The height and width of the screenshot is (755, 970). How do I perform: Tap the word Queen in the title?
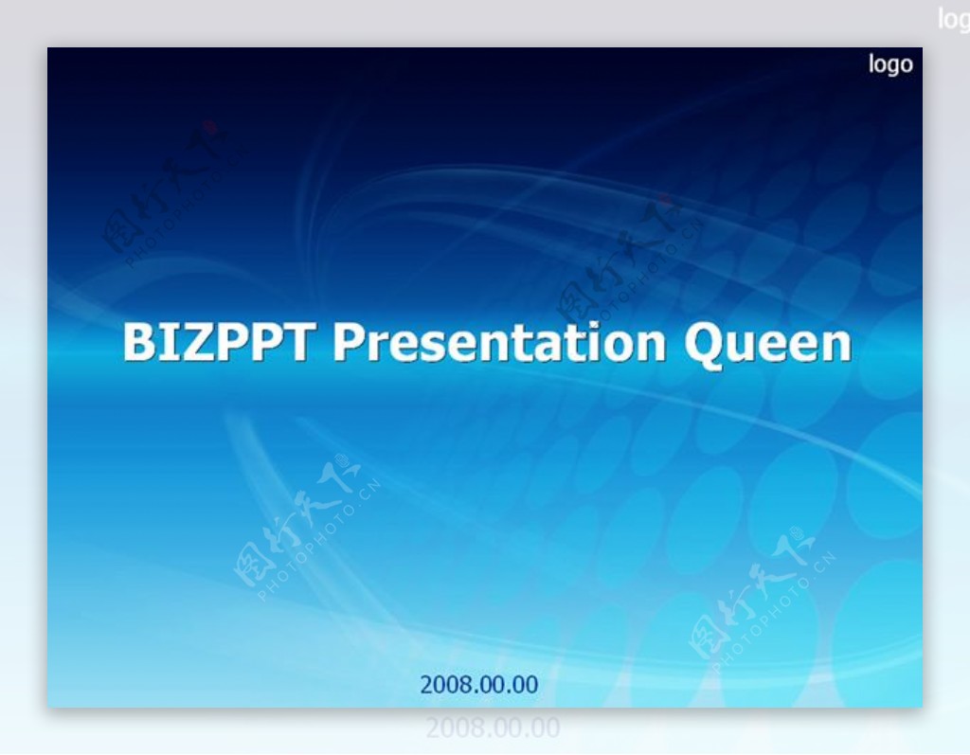pos(767,344)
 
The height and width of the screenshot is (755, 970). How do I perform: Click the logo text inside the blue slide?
pos(890,64)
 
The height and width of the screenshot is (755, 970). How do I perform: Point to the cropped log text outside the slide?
pos(953,19)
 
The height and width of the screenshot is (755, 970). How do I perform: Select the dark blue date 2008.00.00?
pos(478,685)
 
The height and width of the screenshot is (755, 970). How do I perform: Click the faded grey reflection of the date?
pos(493,728)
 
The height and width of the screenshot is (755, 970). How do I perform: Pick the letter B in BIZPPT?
pos(138,342)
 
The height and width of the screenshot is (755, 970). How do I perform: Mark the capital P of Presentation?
pos(348,342)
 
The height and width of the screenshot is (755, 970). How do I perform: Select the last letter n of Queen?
pos(838,347)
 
